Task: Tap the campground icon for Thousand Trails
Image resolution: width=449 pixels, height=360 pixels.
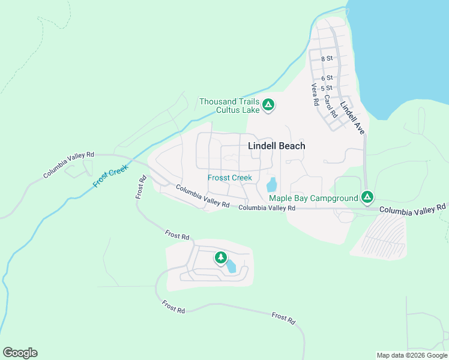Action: point(268,106)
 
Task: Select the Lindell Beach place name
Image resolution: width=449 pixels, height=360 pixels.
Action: point(277,146)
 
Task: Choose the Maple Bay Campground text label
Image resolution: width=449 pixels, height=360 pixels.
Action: point(313,198)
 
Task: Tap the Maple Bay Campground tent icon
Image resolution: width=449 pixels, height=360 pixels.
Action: point(368,197)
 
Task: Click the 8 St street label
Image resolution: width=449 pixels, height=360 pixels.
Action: point(327,59)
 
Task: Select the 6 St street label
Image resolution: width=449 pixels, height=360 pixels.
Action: point(327,78)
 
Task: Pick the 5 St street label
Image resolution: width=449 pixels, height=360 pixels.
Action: point(327,88)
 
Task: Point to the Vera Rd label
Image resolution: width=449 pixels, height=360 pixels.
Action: point(314,95)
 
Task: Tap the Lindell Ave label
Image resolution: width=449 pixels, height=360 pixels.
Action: point(352,117)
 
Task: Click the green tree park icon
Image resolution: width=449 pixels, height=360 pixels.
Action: point(221,258)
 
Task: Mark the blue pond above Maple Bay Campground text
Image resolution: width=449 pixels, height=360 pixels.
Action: point(272,184)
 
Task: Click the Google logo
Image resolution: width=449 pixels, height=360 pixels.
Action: point(20,353)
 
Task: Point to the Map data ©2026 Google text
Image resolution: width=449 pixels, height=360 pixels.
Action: point(412,355)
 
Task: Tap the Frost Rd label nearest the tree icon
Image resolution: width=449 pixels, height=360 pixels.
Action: point(177,235)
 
